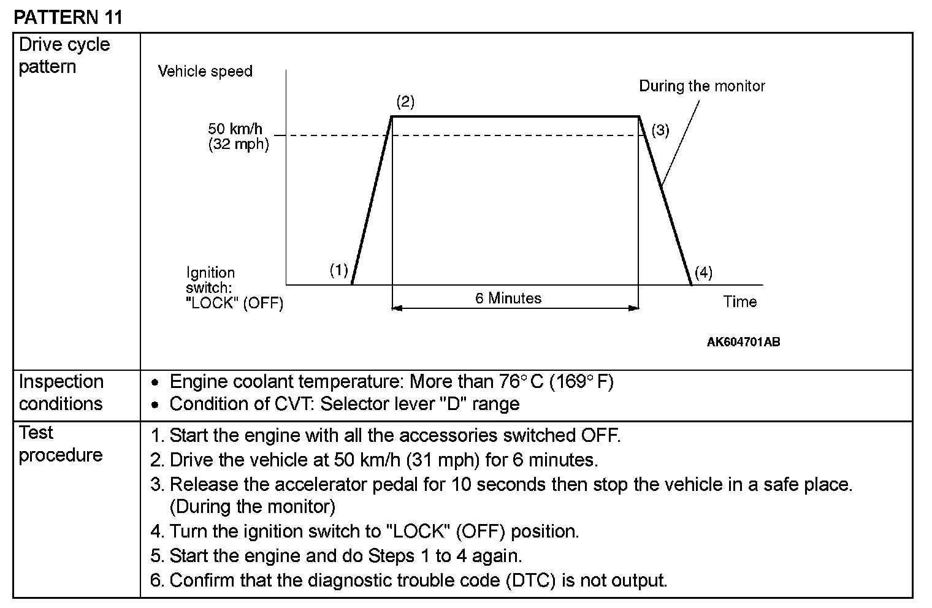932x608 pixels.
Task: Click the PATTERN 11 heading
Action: tap(68, 17)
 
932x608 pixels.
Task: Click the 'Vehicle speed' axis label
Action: tap(205, 71)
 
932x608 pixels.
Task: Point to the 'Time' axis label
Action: tap(739, 302)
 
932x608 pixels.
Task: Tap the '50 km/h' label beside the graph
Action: tap(235, 129)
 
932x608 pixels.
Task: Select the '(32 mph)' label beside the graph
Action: tap(238, 145)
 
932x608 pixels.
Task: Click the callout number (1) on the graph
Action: tap(339, 270)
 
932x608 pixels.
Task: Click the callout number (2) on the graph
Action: tap(405, 101)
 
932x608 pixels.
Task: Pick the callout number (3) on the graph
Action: tap(660, 130)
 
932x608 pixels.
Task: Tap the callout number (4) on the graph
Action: tap(703, 272)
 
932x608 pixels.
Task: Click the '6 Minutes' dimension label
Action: tap(508, 298)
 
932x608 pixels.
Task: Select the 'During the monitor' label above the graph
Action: tap(702, 86)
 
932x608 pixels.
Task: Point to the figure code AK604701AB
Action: tap(743, 342)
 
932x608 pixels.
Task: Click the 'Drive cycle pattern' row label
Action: tap(64, 55)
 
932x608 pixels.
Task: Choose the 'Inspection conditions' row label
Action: tap(61, 392)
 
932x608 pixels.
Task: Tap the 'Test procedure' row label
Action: tap(61, 444)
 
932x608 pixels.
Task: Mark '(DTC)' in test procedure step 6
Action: tap(531, 580)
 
